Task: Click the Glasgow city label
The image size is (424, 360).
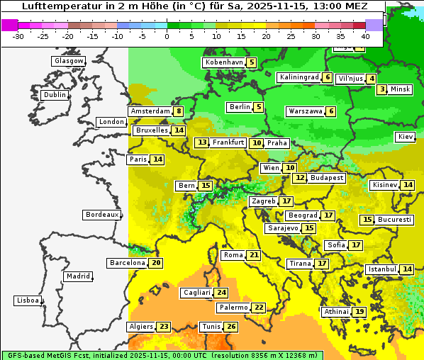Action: tap(69, 61)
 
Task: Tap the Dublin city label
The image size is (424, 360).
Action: tap(54, 95)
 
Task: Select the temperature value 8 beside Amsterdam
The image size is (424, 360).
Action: tap(179, 111)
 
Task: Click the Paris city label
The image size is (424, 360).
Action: tap(138, 159)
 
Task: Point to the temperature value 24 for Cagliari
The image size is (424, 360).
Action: tap(222, 293)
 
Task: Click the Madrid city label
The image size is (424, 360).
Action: tap(77, 276)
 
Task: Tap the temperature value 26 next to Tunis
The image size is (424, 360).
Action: tap(231, 327)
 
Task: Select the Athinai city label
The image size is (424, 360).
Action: tap(336, 312)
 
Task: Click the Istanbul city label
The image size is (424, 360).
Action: tap(382, 269)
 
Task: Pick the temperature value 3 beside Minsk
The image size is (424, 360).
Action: tap(382, 89)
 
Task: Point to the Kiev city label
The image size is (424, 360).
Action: tap(406, 136)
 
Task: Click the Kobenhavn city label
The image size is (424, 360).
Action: tap(224, 62)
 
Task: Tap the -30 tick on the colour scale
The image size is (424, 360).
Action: tap(18, 36)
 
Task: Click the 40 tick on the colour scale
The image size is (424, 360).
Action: tap(365, 36)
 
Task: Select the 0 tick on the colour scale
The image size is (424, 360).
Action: tap(167, 36)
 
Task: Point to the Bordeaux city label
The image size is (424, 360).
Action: tap(101, 214)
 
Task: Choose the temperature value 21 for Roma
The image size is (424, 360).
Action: tap(254, 255)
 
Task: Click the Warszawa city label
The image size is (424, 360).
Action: tap(305, 111)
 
